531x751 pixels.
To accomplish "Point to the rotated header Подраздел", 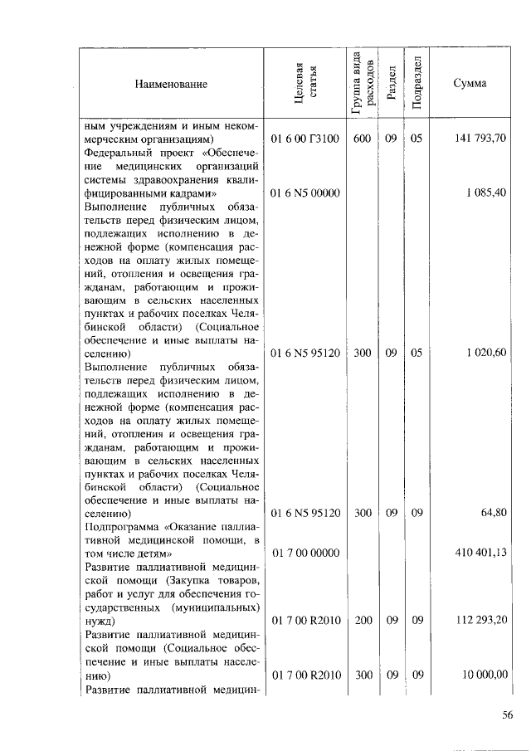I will click(417, 83).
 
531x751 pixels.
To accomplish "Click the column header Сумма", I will click(470, 84).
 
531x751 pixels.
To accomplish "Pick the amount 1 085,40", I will click(486, 193).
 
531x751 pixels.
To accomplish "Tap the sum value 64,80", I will click(494, 513).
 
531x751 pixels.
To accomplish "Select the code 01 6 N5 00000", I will click(306, 193).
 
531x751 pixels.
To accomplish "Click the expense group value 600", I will click(363, 139).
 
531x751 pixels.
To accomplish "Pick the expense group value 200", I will click(363, 620).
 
